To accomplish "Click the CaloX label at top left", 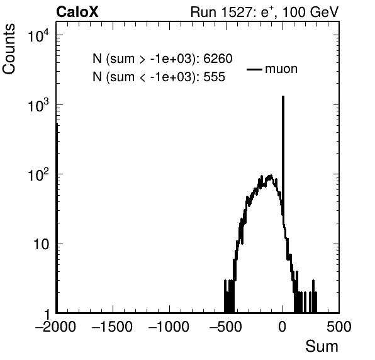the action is [77, 12].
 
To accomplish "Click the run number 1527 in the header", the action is [236, 12].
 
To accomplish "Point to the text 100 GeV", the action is [310, 12].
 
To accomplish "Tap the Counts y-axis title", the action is [9, 49].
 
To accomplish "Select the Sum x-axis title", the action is [322, 346].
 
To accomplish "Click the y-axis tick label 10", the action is [42, 244].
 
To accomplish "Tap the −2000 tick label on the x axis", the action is [56, 327].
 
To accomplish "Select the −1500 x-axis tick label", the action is [113, 327].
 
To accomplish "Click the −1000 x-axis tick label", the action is [169, 327].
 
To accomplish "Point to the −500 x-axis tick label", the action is [226, 327].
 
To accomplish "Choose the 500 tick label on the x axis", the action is [339, 327].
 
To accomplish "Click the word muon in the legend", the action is [281, 69].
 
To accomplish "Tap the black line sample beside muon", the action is [254, 69].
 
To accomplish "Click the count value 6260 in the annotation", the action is [218, 59].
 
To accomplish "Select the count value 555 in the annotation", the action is [215, 77].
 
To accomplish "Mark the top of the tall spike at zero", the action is [283, 96].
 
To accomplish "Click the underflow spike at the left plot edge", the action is [57, 218].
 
